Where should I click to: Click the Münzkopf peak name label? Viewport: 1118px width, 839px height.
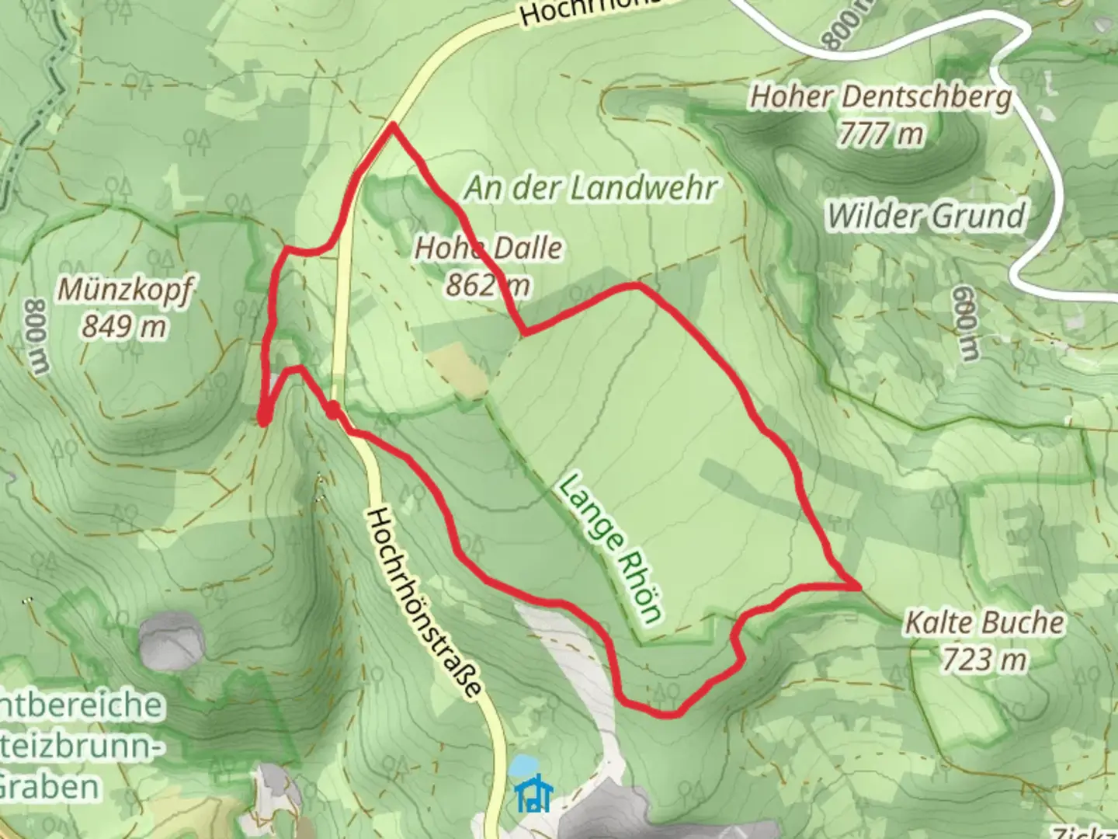coord(124,290)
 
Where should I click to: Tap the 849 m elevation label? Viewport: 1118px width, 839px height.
coord(124,326)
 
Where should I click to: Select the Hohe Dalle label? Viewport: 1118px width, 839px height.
coord(488,249)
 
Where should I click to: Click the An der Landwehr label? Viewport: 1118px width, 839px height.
coord(590,188)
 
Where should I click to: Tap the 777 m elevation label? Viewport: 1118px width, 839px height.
coord(881,134)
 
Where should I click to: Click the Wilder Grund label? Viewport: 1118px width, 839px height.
coord(925,215)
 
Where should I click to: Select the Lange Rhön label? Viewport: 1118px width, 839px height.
coord(611,548)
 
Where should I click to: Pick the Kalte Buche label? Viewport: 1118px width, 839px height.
coord(984,623)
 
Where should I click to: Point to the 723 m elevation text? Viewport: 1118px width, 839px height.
coord(984,660)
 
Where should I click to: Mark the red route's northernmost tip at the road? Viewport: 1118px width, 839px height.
coord(394,124)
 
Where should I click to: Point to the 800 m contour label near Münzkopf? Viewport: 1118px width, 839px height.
coord(36,336)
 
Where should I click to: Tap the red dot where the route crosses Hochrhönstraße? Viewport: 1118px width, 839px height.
coord(332,410)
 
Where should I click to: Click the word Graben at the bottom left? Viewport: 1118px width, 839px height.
coord(48,786)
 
